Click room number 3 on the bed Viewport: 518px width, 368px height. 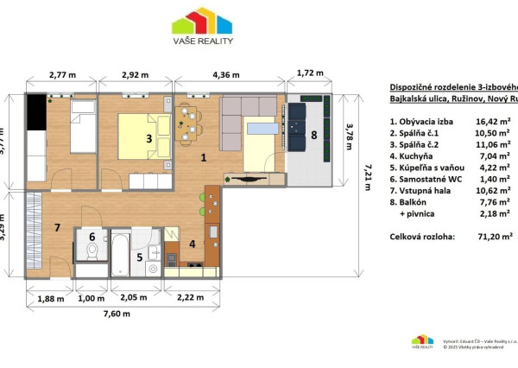(x=148, y=138)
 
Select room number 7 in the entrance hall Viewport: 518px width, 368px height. (x=57, y=228)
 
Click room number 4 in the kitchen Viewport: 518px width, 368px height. (x=193, y=244)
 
